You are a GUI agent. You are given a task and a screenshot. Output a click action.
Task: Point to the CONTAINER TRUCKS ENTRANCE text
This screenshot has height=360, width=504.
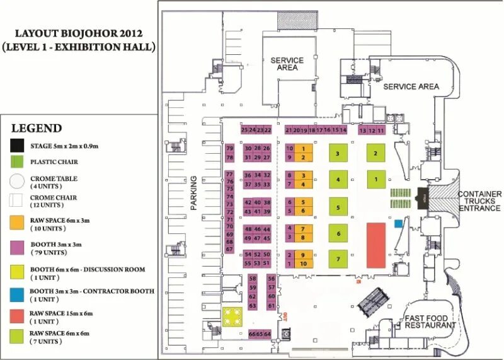tap(480, 200)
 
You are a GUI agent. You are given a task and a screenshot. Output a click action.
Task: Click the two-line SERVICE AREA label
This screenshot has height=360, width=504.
tap(287, 64)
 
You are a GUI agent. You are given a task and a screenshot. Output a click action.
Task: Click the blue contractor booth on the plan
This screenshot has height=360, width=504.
tap(398, 223)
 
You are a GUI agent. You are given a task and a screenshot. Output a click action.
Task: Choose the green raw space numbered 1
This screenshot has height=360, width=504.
tap(376, 180)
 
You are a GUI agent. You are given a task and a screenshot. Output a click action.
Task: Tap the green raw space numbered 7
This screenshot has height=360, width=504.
tap(338, 258)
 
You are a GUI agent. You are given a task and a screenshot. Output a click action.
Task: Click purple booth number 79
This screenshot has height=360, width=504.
tap(230, 148)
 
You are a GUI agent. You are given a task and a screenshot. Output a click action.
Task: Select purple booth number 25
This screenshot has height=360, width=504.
tap(244, 130)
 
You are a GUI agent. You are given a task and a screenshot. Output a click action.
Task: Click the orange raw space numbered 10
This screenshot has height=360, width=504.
tap(304, 264)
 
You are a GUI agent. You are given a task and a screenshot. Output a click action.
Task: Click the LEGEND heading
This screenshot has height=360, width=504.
tap(37, 128)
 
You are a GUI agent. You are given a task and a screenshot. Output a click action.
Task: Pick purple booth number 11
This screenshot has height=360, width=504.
tap(381, 131)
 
